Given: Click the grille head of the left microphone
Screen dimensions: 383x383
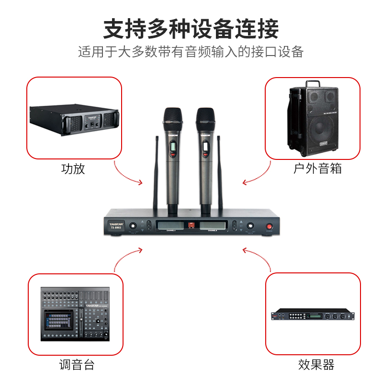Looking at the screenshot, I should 172,118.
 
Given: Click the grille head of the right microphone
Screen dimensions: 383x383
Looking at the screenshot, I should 205,118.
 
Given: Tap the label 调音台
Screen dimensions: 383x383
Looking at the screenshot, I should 77,365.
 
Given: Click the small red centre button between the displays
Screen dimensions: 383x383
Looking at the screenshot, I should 192,225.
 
